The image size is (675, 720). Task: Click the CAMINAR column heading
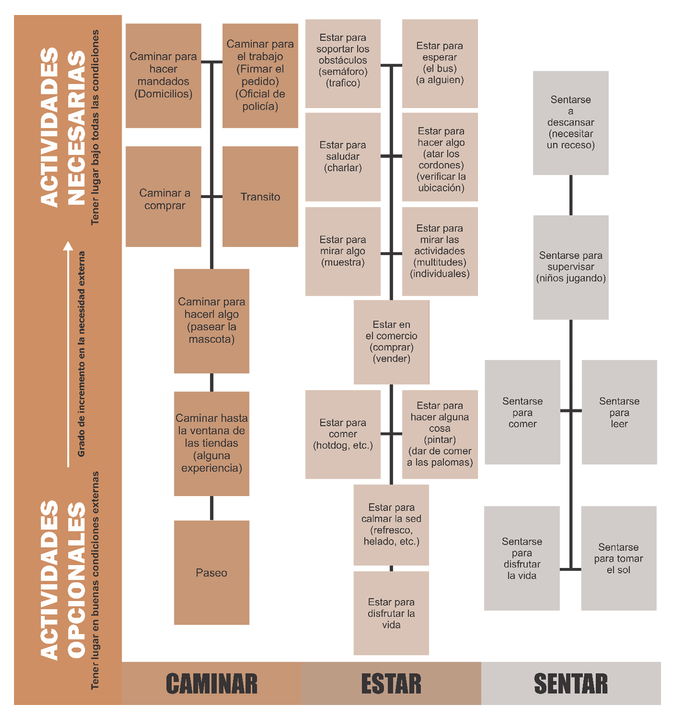click(x=211, y=683)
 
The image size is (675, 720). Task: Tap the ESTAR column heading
click(x=391, y=683)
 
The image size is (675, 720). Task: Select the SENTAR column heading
click(x=570, y=683)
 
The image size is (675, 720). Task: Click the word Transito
click(x=260, y=197)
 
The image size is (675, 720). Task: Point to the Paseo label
click(x=211, y=573)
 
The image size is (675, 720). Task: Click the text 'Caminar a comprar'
click(x=164, y=199)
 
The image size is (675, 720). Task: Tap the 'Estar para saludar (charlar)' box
click(x=342, y=156)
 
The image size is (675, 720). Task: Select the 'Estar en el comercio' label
click(x=391, y=341)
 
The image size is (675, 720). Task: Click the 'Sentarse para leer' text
click(x=619, y=412)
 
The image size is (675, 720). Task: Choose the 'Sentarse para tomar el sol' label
click(x=618, y=558)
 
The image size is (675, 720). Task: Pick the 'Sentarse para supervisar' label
click(x=570, y=266)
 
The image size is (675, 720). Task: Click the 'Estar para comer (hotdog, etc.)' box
click(x=342, y=434)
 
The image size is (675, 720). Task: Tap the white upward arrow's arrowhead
click(x=68, y=246)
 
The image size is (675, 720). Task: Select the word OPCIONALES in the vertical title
click(x=76, y=580)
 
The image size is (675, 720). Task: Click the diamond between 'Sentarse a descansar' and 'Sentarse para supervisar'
click(x=570, y=195)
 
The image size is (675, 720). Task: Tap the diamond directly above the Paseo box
click(x=211, y=508)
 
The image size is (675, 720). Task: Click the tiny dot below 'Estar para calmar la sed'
click(x=391, y=568)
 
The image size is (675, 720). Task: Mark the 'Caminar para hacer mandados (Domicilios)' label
click(x=163, y=75)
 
